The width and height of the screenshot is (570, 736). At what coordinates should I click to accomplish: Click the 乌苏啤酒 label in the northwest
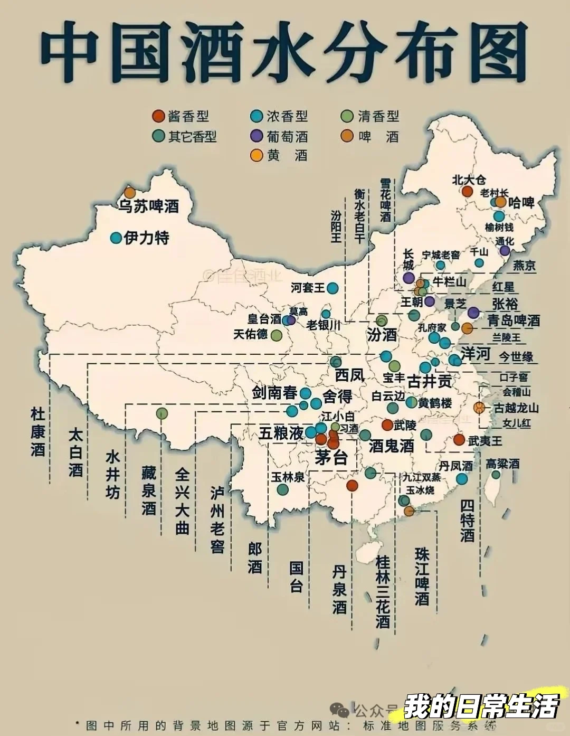pyautogui.click(x=148, y=206)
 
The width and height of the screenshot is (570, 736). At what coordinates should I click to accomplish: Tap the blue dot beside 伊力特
pyautogui.click(x=116, y=238)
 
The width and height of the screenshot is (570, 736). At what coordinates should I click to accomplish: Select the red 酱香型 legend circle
pyautogui.click(x=158, y=116)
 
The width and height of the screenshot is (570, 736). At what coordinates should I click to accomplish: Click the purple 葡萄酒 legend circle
pyautogui.click(x=256, y=136)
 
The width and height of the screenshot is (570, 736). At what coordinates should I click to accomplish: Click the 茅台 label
pyautogui.click(x=331, y=457)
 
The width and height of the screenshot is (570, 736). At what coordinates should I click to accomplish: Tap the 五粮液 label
pyautogui.click(x=281, y=433)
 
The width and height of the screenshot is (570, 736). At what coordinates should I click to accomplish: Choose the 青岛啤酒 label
pyautogui.click(x=513, y=320)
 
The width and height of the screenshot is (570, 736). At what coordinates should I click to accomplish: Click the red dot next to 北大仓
pyautogui.click(x=467, y=191)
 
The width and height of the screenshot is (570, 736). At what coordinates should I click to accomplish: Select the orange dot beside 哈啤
pyautogui.click(x=500, y=202)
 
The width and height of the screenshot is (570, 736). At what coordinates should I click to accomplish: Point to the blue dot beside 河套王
pyautogui.click(x=332, y=288)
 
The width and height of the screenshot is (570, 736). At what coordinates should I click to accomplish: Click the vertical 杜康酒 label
pyautogui.click(x=37, y=432)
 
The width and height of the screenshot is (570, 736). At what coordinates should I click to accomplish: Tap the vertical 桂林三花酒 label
pyautogui.click(x=383, y=591)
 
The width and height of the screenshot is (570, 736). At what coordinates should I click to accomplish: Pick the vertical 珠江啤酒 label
pyautogui.click(x=422, y=577)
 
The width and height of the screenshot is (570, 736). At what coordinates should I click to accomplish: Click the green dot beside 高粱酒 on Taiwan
pyautogui.click(x=496, y=474)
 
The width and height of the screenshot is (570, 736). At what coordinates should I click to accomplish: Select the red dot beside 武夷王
pyautogui.click(x=459, y=440)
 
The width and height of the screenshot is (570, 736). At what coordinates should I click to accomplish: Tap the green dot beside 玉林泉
pyautogui.click(x=283, y=489)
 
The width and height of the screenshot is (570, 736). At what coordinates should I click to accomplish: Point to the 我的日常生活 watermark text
pyautogui.click(x=481, y=706)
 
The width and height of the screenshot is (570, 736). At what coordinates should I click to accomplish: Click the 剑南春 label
pyautogui.click(x=274, y=393)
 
